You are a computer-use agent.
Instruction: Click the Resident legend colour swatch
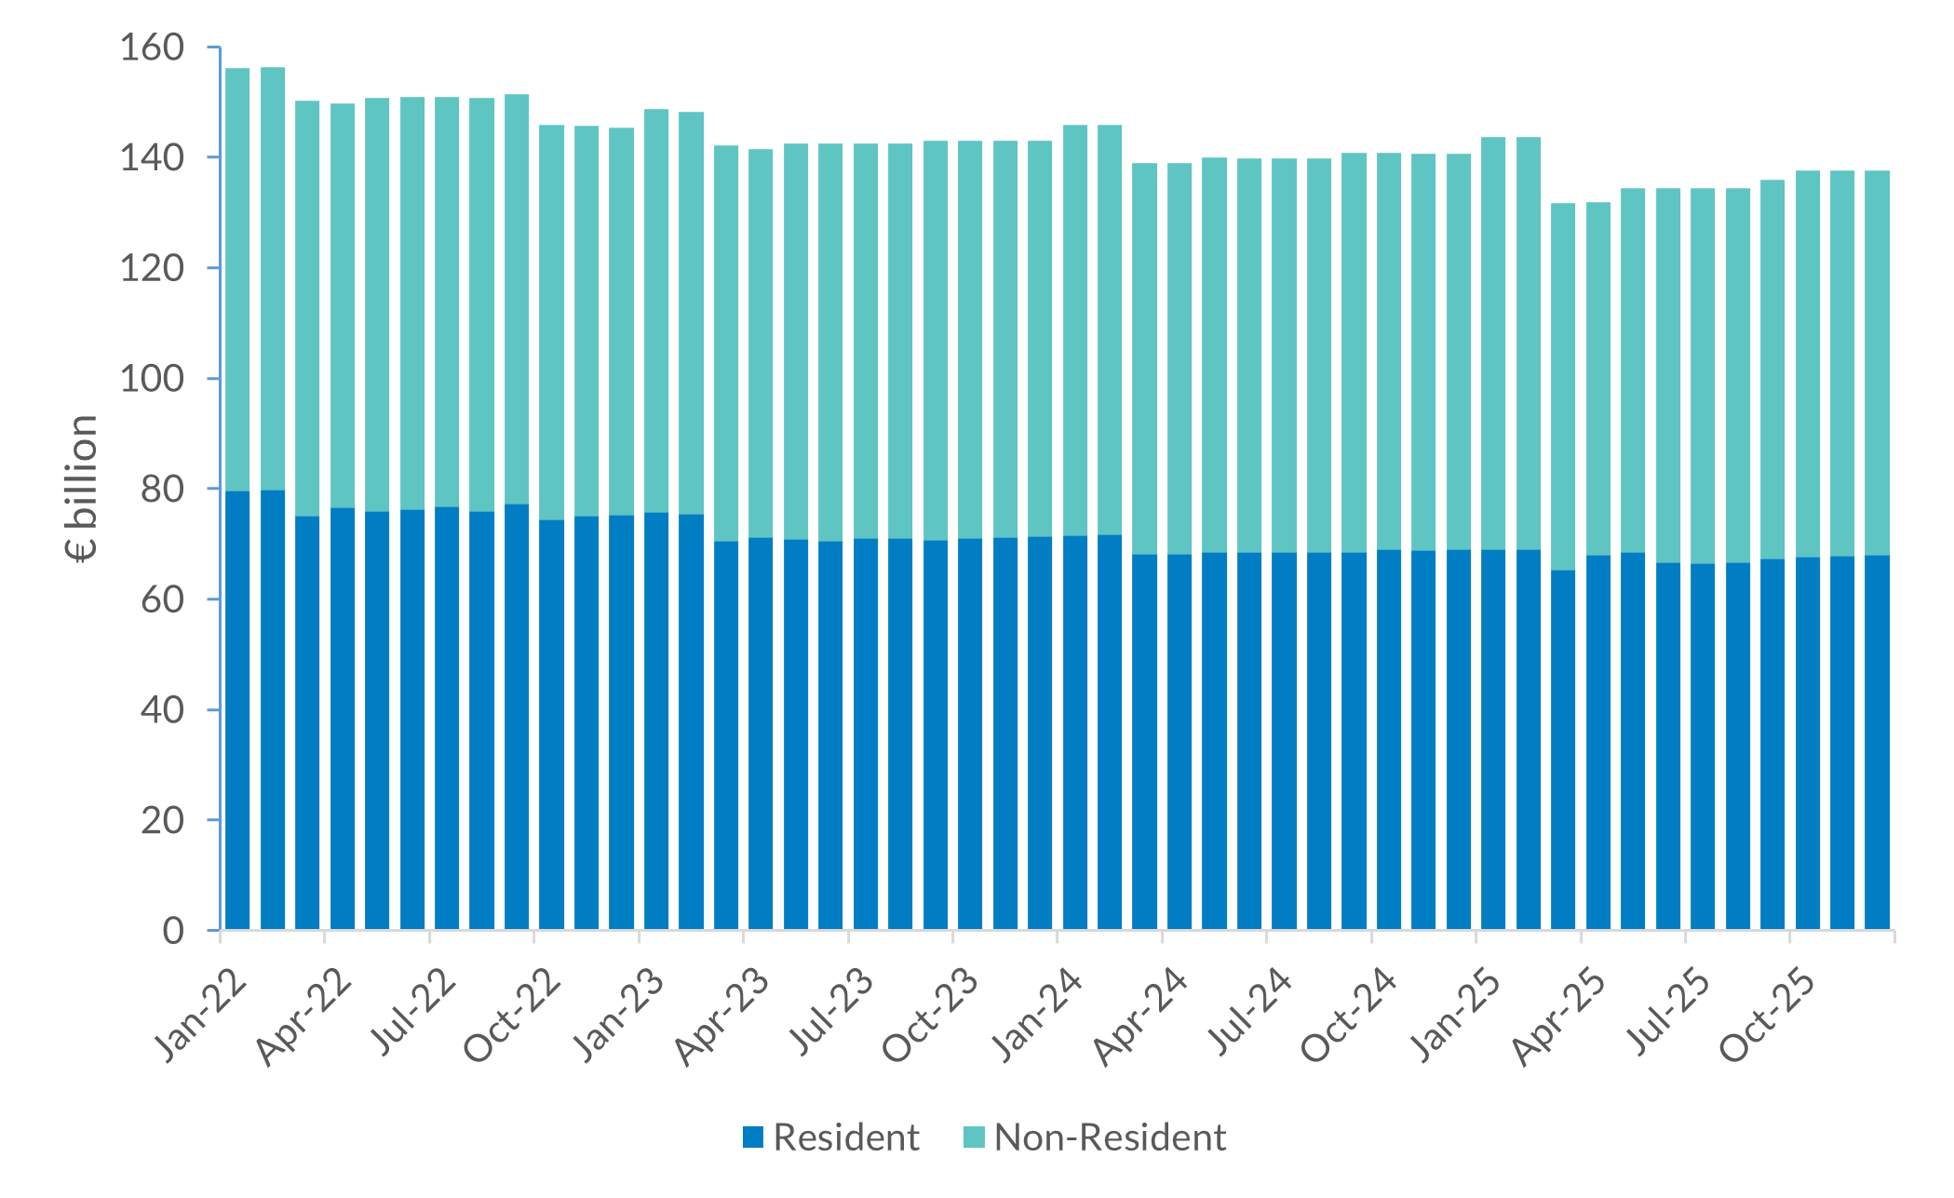pyautogui.click(x=753, y=1137)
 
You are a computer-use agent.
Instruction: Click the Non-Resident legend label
pyautogui.click(x=1110, y=1137)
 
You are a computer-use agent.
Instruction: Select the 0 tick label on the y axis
pyautogui.click(x=173, y=930)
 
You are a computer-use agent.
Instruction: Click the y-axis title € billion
pyautogui.click(x=82, y=488)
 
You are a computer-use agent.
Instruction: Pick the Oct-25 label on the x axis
pyautogui.click(x=1768, y=1018)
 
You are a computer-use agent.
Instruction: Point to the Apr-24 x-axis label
pyautogui.click(x=1141, y=1018)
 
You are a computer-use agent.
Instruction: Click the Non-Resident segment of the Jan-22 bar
pyautogui.click(x=237, y=279)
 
